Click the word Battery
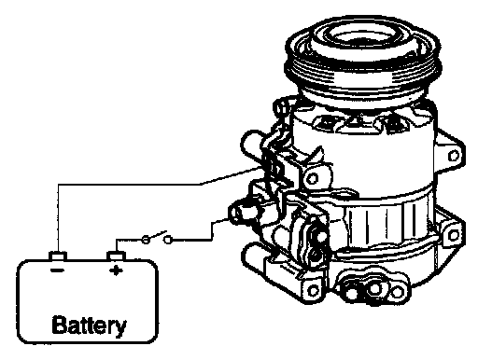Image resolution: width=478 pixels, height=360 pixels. [x=90, y=326]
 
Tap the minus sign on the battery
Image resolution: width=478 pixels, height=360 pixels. [x=57, y=270]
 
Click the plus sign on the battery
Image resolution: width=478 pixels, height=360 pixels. [x=116, y=270]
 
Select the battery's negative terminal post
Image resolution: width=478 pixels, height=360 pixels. [x=58, y=256]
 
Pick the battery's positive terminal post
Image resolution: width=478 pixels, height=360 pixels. [x=116, y=256]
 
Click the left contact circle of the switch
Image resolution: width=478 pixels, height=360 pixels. [x=146, y=240]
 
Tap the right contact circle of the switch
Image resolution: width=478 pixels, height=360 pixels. [x=168, y=240]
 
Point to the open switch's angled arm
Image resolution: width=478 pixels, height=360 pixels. [x=157, y=235]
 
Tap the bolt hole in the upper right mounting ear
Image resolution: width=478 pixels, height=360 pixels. [x=454, y=156]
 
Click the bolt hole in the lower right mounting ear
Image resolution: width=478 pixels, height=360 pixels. [x=454, y=235]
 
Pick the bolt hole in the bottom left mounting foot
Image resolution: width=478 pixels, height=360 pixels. [x=313, y=291]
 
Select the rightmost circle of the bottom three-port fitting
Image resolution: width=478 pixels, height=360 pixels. [x=397, y=292]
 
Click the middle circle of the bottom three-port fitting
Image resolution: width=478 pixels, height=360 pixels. [x=374, y=289]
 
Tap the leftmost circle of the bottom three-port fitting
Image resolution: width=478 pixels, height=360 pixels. [x=352, y=293]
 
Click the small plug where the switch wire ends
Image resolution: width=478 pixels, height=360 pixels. [x=242, y=213]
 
